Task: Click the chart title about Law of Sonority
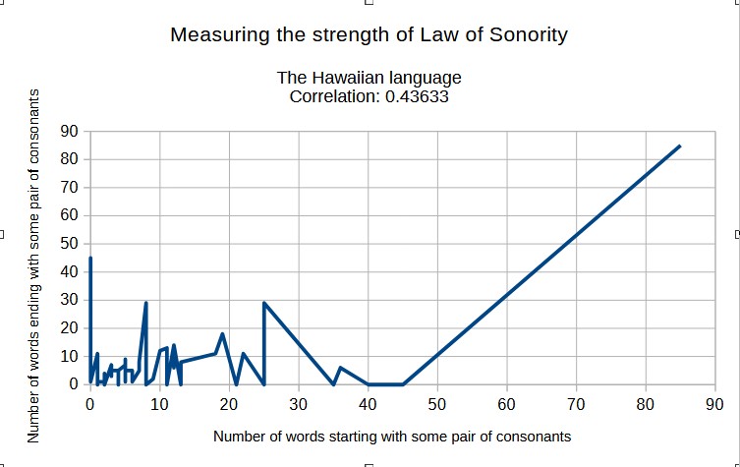(x=369, y=34)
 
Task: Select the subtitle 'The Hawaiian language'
(x=369, y=78)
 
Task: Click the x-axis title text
(x=391, y=435)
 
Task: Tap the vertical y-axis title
(x=34, y=265)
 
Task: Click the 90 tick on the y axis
(x=69, y=131)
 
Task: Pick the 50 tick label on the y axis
(x=69, y=244)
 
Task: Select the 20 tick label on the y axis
(x=69, y=328)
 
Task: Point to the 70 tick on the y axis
(x=69, y=187)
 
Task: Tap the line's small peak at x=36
(x=340, y=368)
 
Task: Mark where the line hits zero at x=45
(x=402, y=384)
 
